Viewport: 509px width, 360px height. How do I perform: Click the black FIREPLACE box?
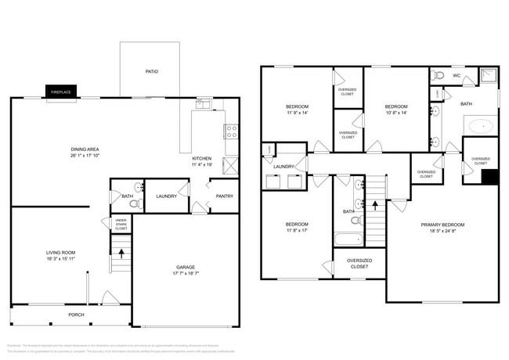tap(60, 92)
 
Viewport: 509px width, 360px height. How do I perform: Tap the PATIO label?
tap(152, 71)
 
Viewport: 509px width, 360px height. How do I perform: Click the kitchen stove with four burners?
tap(233, 131)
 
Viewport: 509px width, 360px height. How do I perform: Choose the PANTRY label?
tap(225, 196)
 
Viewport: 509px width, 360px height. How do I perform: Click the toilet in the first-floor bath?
tap(133, 205)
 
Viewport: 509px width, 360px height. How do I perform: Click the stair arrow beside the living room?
tap(121, 254)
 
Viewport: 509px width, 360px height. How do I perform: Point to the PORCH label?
tap(76, 315)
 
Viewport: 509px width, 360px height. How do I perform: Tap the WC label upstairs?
tap(457, 75)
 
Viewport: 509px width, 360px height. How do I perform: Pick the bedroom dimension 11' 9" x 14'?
tap(297, 113)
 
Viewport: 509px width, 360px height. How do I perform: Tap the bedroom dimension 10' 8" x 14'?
tap(396, 113)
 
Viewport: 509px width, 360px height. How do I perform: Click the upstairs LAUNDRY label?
tap(283, 167)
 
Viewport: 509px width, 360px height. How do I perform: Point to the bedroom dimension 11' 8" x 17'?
tap(297, 231)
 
